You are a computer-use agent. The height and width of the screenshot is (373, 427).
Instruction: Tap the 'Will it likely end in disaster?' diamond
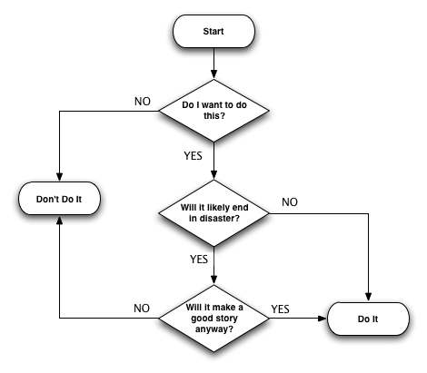(213, 214)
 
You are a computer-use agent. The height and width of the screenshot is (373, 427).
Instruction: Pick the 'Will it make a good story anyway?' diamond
(213, 318)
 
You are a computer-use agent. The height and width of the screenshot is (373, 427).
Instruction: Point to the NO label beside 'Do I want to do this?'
(143, 100)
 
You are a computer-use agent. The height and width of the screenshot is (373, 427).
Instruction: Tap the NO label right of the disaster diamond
(290, 201)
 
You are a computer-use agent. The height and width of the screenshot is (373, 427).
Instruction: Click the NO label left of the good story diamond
(142, 309)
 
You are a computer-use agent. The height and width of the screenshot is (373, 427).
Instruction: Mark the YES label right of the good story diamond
(281, 309)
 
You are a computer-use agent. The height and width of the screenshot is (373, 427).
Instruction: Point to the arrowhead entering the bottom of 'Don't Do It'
(59, 218)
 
